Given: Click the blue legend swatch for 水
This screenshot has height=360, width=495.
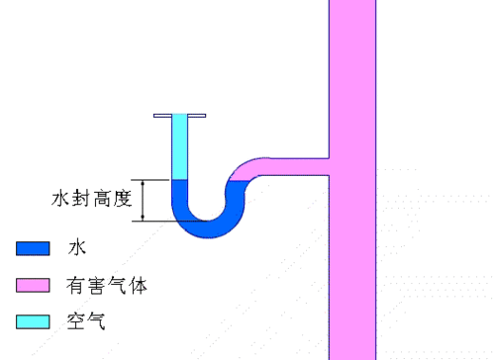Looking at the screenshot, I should click(x=33, y=247).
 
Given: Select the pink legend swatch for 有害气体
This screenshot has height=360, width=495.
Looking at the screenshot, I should click(x=33, y=285).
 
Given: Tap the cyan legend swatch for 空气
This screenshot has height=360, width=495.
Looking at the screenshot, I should click(x=33, y=321).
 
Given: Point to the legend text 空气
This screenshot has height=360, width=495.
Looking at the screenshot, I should click(x=86, y=322).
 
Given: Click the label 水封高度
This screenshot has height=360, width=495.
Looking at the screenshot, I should click(x=91, y=199).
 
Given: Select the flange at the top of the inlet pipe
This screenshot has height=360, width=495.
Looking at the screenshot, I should click(x=179, y=116).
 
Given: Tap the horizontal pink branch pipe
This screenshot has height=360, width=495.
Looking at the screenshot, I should click(x=297, y=164).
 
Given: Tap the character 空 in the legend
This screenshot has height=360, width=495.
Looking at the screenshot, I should click(x=76, y=322).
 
